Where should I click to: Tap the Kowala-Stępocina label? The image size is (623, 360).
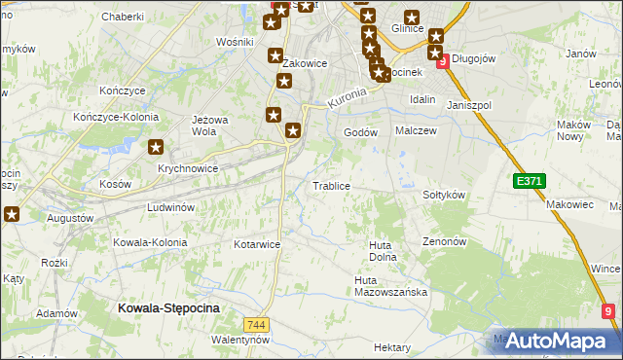pyautogui.click(x=168, y=307)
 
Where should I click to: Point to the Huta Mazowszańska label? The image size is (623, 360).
pyautogui.click(x=390, y=286)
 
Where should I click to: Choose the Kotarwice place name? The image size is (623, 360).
pyautogui.click(x=257, y=244)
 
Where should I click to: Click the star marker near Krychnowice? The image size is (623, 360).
pyautogui.click(x=156, y=148)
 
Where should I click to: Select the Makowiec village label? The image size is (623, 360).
pyautogui.click(x=569, y=204)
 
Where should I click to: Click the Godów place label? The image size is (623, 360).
pyautogui.click(x=360, y=132)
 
